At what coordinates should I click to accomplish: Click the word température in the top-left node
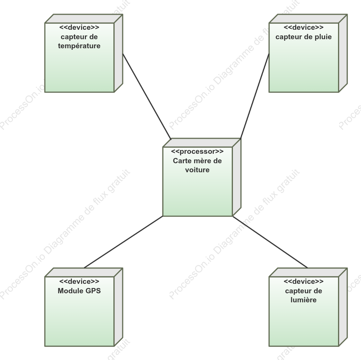click(x=79, y=46)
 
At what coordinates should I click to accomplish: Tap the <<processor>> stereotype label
click(x=197, y=152)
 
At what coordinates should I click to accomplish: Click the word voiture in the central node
click(x=197, y=170)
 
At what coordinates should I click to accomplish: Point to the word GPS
click(x=93, y=291)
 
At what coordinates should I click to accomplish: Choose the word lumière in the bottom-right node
click(x=303, y=300)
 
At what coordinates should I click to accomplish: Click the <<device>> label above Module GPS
click(x=79, y=282)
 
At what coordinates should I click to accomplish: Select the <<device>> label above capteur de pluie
click(x=303, y=28)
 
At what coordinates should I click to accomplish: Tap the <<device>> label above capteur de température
click(x=79, y=28)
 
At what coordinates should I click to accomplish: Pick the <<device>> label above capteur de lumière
click(x=303, y=282)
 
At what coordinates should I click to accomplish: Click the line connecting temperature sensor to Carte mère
click(x=147, y=97)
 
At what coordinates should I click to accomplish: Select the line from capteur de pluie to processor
click(x=255, y=96)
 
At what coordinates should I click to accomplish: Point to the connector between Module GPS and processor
click(x=124, y=242)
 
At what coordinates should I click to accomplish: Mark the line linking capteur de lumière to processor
click(x=270, y=242)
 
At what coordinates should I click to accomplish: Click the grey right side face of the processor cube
click(x=237, y=177)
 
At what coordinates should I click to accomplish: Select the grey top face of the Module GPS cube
click(x=84, y=272)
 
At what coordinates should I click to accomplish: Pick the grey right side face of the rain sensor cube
click(x=343, y=53)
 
